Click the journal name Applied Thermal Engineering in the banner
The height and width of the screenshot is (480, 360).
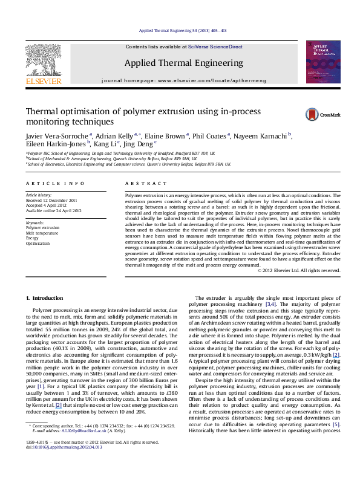(x=175, y=63)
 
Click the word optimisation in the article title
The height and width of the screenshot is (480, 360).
(x=81, y=112)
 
